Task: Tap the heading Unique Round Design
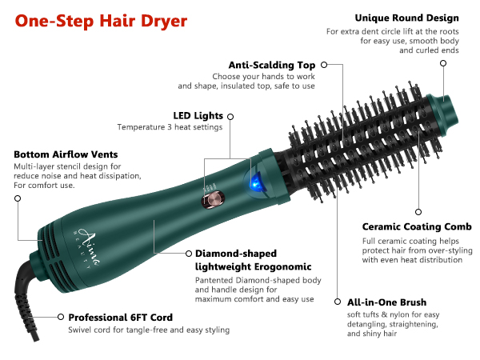click(x=406, y=18)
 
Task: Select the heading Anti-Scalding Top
click(x=268, y=64)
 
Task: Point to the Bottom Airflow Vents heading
click(x=66, y=154)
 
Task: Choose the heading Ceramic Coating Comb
click(x=411, y=227)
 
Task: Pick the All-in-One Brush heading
click(x=386, y=303)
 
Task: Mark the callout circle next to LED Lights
click(x=230, y=116)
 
